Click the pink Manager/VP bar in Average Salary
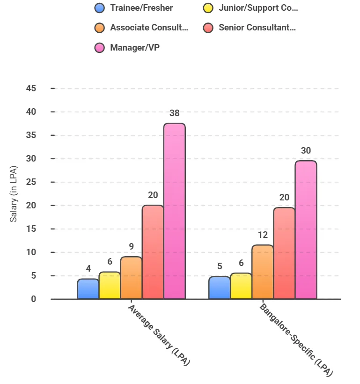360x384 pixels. coord(174,211)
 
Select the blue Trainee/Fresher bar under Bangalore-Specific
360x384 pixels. coord(219,288)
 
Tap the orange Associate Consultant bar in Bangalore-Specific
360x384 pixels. coord(262,272)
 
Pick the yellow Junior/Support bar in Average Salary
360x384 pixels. coord(110,285)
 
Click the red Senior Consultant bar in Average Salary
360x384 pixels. coord(153,252)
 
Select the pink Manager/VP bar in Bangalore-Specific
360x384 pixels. coord(306,229)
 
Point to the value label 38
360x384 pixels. coord(175,113)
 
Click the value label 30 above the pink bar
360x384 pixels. coord(306,151)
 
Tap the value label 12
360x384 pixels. coord(263,235)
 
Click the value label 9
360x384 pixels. coord(132,247)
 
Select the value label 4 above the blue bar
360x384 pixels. coord(88,269)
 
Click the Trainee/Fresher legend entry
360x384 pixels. coord(141,8)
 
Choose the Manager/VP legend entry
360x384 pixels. coord(134,48)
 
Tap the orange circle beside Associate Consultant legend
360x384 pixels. coord(99,28)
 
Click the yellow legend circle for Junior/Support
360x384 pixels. coord(208,8)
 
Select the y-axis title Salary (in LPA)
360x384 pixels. coord(14,193)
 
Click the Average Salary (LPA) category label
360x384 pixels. coord(160,335)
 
